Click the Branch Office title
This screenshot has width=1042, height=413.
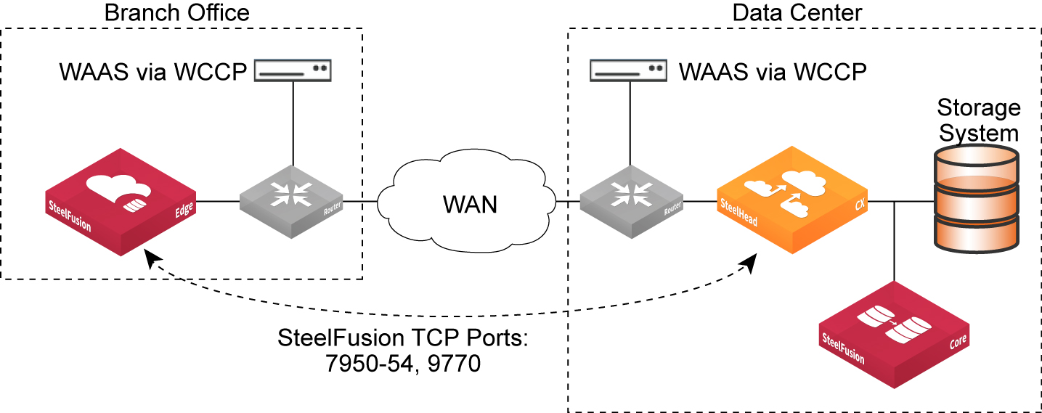pyautogui.click(x=176, y=12)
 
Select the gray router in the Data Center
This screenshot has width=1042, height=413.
pyautogui.click(x=631, y=201)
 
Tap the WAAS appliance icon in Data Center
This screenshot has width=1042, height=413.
pyautogui.click(x=630, y=71)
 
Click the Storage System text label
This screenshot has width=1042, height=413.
pyautogui.click(x=978, y=120)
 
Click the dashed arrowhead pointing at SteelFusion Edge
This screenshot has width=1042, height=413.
pyautogui.click(x=151, y=258)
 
